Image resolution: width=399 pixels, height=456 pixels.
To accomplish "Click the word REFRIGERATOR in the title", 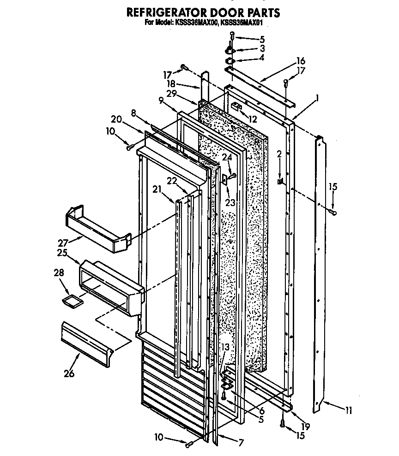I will point(163,12).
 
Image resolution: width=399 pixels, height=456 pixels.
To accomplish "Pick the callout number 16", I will point(301,61).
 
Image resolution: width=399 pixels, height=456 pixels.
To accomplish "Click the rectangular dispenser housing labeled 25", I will point(109,289).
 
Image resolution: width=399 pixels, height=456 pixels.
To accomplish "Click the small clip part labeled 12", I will point(237,107).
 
